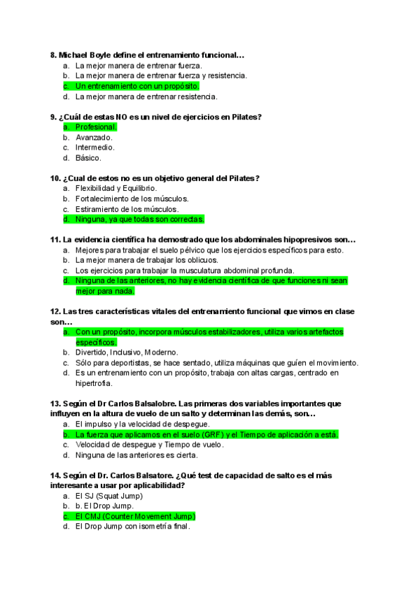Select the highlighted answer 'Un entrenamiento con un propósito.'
(x=137, y=86)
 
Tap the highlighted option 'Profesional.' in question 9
(x=96, y=127)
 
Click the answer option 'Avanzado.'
(x=94, y=137)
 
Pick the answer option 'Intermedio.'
(x=95, y=148)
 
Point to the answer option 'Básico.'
(x=88, y=158)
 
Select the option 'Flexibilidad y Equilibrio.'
(x=116, y=189)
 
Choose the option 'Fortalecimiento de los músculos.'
(x=127, y=199)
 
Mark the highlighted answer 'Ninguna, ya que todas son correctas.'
(x=139, y=219)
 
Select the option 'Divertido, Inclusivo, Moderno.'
(x=127, y=352)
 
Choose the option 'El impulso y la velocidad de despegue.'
(x=141, y=424)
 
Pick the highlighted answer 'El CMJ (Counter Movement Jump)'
(x=135, y=516)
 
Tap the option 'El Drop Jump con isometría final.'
(x=132, y=527)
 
